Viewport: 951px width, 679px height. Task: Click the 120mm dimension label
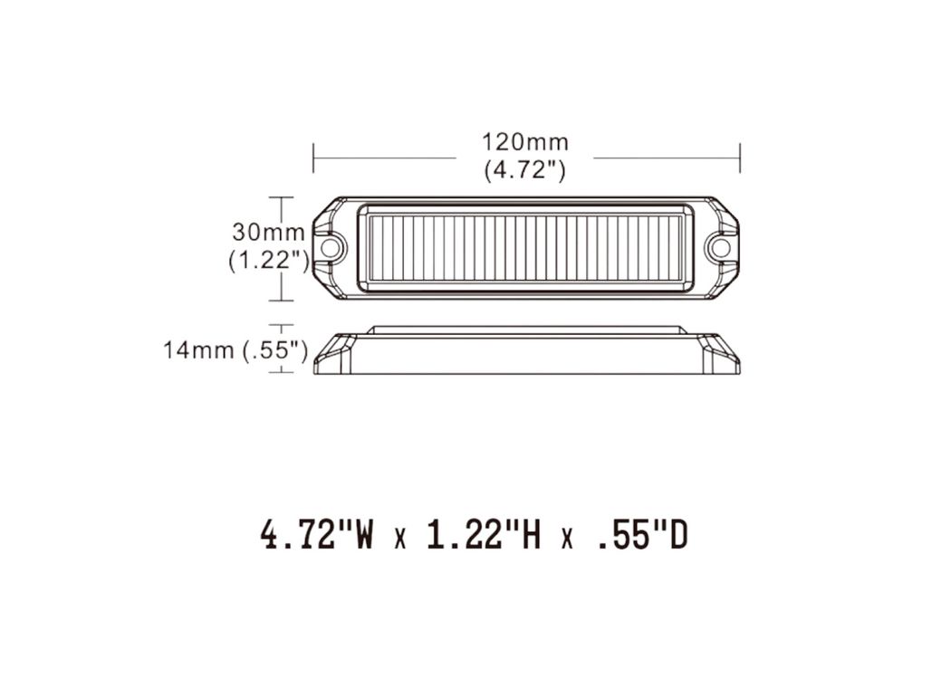525,142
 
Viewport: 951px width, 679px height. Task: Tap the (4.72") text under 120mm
525,169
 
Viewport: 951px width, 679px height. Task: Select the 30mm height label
268,232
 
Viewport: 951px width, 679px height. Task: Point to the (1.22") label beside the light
269,260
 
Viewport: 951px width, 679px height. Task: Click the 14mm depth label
198,349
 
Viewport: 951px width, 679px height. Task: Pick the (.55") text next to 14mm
274,350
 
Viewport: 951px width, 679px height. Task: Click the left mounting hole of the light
330,247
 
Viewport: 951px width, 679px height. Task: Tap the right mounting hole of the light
721,247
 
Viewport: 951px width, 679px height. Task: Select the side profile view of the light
526,350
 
